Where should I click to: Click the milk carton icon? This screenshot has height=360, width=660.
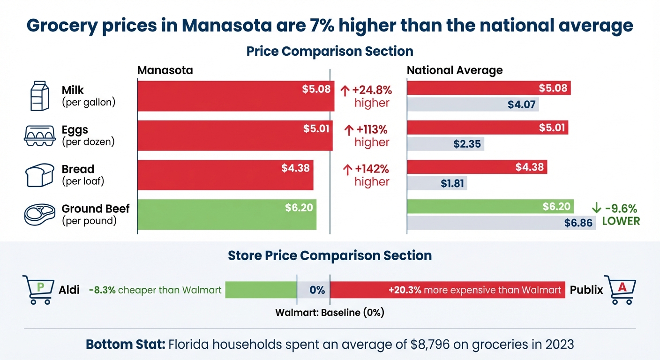click(x=39, y=96)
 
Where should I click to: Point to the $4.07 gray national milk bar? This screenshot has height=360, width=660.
click(x=472, y=104)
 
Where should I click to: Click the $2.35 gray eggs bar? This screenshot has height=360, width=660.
click(x=445, y=144)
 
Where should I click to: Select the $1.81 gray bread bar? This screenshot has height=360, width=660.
click(x=437, y=183)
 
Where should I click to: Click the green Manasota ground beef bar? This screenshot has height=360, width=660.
click(x=226, y=215)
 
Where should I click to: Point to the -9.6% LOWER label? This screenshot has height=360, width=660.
click(x=615, y=215)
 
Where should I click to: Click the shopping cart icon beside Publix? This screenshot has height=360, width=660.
click(x=620, y=289)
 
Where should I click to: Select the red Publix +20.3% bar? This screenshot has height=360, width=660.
click(x=448, y=290)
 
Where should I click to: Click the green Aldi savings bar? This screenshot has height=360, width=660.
click(x=261, y=290)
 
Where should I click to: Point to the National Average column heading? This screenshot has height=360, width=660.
click(x=454, y=70)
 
